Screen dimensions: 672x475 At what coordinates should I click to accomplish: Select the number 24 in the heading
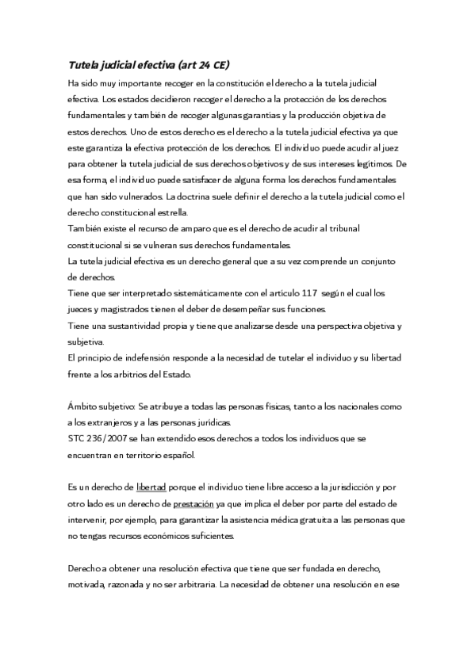click(x=201, y=67)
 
